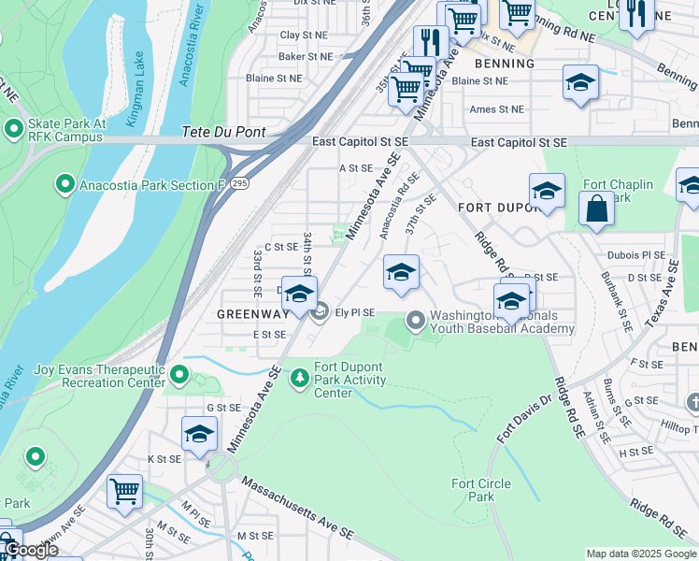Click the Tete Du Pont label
point(224,133)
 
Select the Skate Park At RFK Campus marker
point(15,128)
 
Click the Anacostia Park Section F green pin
point(65,184)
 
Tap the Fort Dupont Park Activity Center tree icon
point(300,378)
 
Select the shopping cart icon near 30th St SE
point(124,491)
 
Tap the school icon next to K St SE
point(199,434)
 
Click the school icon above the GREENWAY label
point(299,294)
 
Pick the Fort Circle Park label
point(480,490)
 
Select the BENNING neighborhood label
point(505,64)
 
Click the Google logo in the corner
point(30,550)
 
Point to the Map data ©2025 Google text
point(640,554)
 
